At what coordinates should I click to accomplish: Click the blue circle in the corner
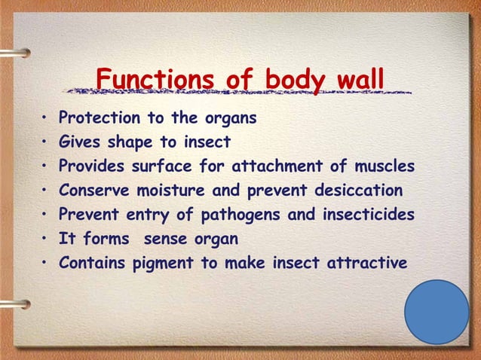tap(437, 313)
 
